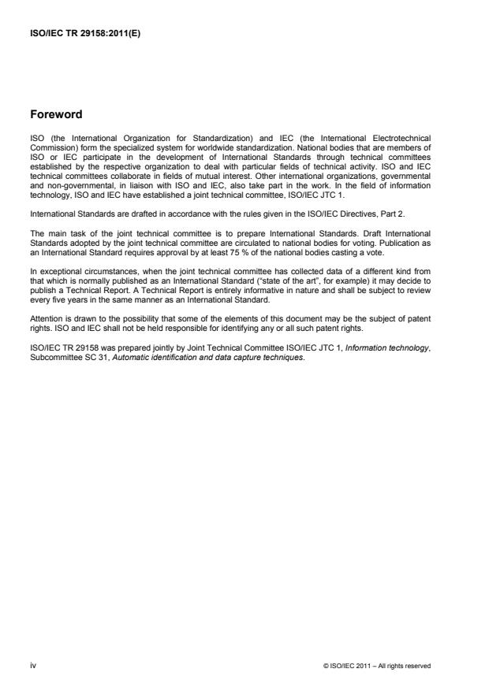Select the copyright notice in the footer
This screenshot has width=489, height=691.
[x=377, y=666]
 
